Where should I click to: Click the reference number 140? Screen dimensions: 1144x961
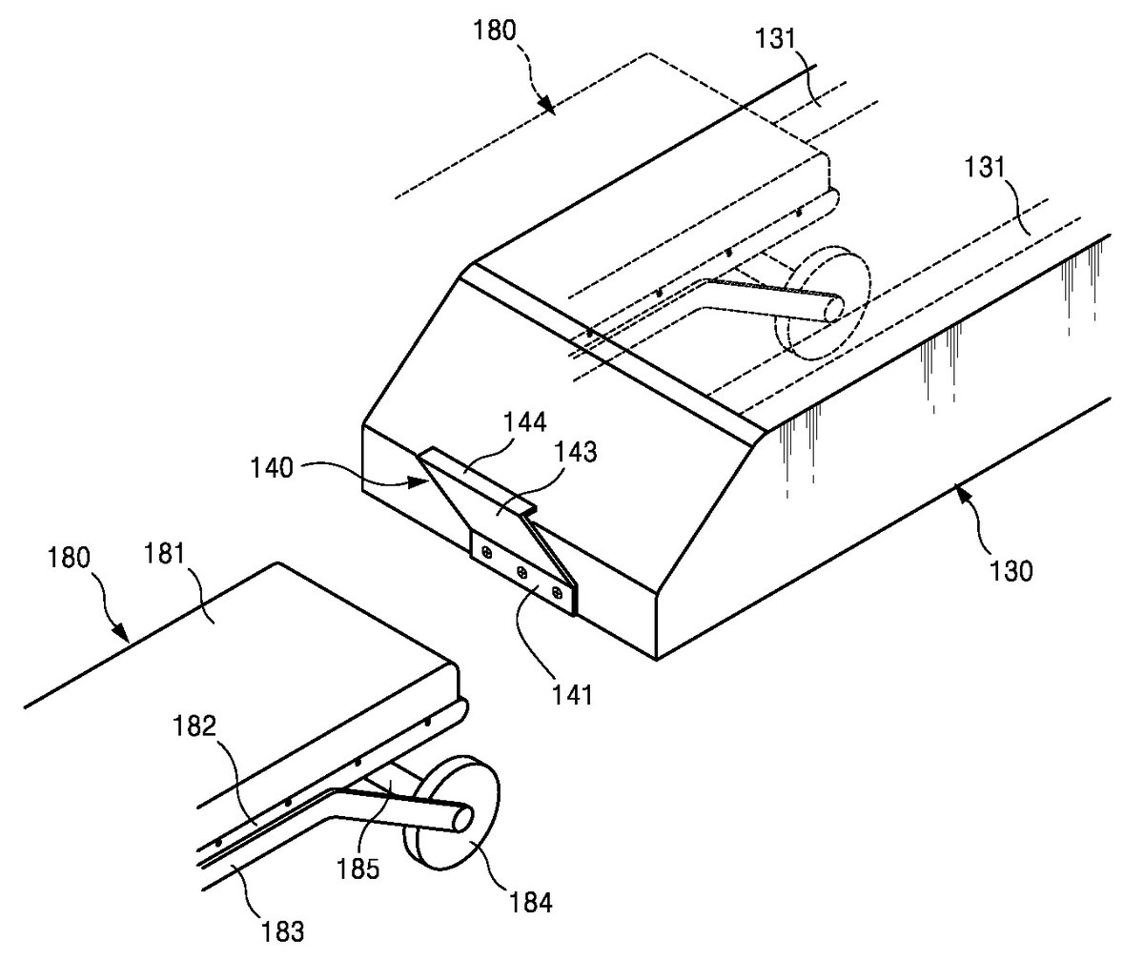[x=272, y=468]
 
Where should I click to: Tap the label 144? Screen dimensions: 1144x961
[x=525, y=422]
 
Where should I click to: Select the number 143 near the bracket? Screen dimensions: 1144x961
[x=576, y=453]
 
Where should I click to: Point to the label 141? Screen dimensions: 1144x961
[x=572, y=695]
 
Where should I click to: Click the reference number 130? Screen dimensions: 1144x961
[x=1011, y=571]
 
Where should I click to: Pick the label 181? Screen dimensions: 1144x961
[x=164, y=554]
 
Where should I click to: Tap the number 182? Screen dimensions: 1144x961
[x=194, y=726]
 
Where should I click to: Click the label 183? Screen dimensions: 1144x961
[x=283, y=931]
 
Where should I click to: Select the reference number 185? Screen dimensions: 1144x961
[x=357, y=869]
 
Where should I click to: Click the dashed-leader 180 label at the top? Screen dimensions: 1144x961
[x=495, y=31]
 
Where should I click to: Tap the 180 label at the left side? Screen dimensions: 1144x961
[x=69, y=558]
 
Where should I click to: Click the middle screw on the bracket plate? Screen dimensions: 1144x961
[x=522, y=573]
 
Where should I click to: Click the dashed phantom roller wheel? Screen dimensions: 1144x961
[x=823, y=305]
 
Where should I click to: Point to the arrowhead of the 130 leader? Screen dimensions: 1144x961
[x=958, y=487]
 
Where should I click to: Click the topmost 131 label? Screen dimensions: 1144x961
[x=775, y=39]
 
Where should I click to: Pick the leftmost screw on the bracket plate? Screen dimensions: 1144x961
[x=487, y=555]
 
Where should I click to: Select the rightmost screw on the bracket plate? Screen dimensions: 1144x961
[x=557, y=592]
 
